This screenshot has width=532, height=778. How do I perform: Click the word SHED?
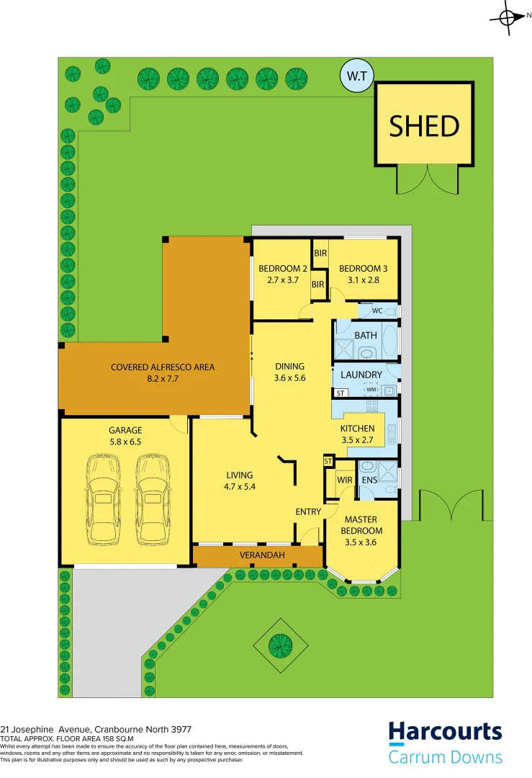point(424,126)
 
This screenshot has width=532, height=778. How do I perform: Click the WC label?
point(377,311)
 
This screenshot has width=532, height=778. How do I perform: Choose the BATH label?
point(366,336)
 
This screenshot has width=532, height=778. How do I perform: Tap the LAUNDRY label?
point(361,375)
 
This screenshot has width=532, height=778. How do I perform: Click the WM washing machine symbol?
point(371,390)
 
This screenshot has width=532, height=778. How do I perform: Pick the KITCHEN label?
point(357,429)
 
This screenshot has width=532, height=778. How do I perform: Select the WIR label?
point(333,480)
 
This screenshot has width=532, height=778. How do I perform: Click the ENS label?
point(369,480)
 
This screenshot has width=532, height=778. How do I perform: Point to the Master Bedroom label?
point(361,525)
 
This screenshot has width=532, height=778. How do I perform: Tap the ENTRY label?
point(308,511)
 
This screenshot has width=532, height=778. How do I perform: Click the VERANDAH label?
point(263,555)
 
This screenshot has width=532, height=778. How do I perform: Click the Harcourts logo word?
point(445,732)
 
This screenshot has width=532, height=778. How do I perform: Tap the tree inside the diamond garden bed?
point(279,641)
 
